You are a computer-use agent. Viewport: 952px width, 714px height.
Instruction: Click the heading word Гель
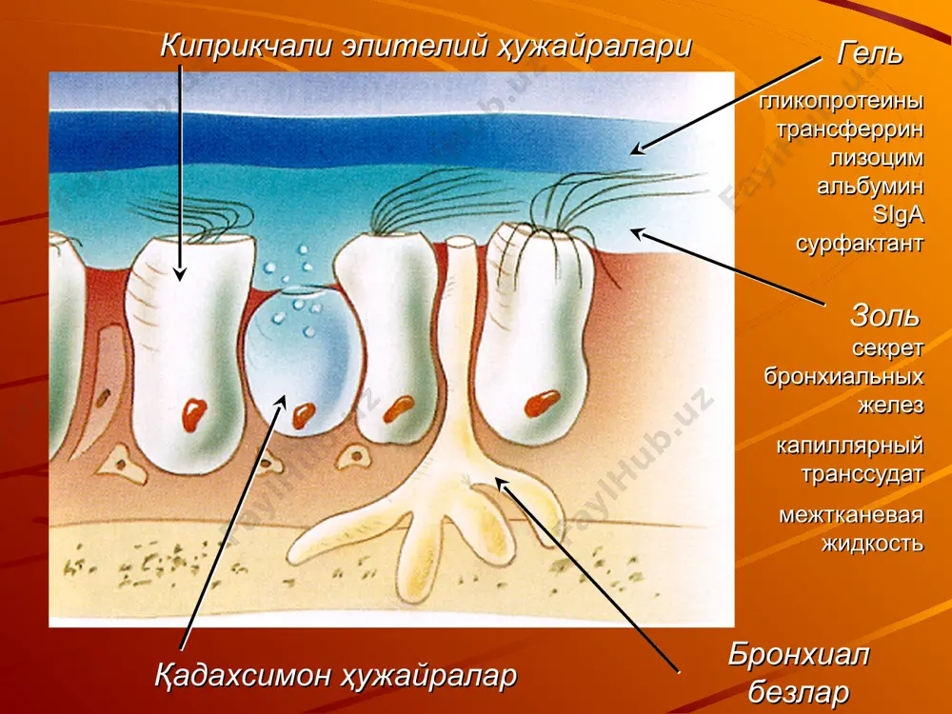(869, 53)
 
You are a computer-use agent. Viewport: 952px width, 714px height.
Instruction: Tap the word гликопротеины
(842, 102)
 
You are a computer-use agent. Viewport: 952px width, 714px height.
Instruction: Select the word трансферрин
(850, 129)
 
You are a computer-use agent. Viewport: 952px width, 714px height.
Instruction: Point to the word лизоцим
(877, 158)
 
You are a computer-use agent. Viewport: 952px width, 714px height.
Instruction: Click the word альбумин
(871, 186)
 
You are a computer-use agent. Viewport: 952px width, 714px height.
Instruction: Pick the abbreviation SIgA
(898, 214)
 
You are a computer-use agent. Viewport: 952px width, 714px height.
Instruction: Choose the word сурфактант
(860, 244)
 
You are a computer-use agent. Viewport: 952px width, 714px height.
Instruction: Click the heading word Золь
(885, 315)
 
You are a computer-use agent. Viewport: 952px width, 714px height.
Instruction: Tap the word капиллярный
(850, 446)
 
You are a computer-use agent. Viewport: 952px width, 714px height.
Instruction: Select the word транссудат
(863, 474)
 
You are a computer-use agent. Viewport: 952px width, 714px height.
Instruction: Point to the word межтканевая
(851, 515)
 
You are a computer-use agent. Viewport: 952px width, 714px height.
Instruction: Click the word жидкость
(873, 544)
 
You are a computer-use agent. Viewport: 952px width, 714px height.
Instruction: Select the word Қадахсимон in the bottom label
(238, 675)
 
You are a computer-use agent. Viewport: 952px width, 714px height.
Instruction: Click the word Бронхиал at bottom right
(799, 656)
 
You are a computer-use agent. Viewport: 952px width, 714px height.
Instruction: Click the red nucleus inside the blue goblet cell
(304, 415)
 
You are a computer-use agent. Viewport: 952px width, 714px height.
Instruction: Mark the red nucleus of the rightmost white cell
(542, 403)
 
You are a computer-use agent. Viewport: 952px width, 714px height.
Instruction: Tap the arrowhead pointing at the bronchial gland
(502, 485)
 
